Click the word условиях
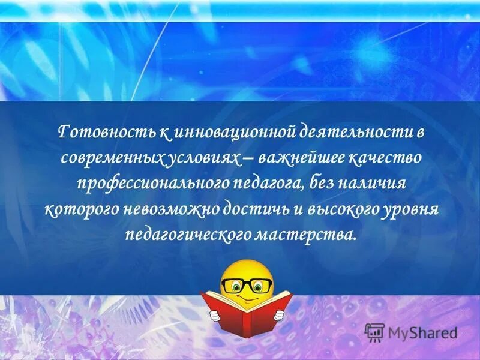[198, 158]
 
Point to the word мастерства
[311, 233]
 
